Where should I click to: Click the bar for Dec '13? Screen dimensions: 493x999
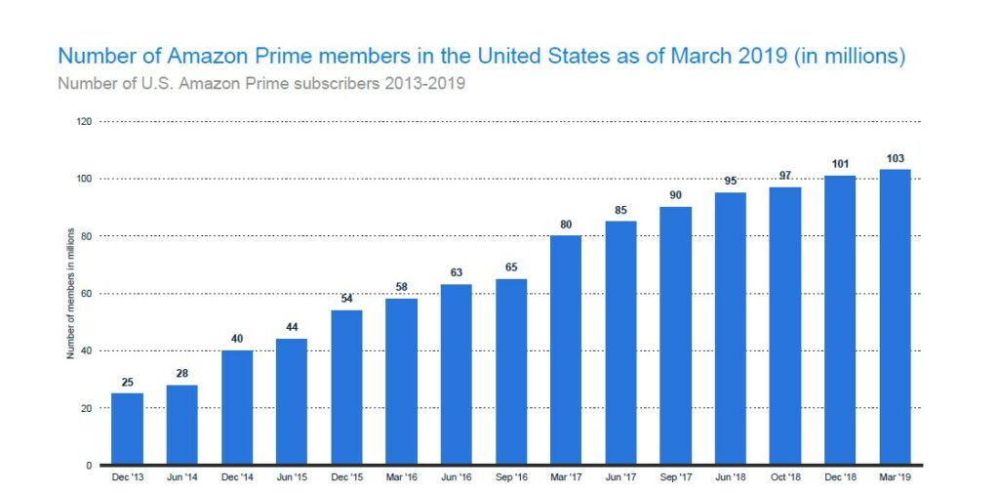click(x=127, y=429)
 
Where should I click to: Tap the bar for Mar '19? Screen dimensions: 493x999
click(x=895, y=316)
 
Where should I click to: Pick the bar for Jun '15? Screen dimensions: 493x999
click(x=292, y=401)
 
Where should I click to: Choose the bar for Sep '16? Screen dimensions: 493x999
click(x=511, y=371)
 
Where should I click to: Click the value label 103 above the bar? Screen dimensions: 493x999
click(x=895, y=158)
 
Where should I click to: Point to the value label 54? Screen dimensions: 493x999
click(x=346, y=299)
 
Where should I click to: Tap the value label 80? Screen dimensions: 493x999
click(x=566, y=224)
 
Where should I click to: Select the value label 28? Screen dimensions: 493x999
click(x=181, y=374)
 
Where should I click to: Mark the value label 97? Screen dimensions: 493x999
click(x=785, y=175)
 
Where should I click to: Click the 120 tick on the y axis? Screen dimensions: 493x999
click(x=84, y=122)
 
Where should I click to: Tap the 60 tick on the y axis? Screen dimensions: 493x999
click(x=86, y=294)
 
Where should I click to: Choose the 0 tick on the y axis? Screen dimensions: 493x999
click(x=89, y=466)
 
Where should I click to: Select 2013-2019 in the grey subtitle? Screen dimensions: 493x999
click(x=424, y=83)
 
